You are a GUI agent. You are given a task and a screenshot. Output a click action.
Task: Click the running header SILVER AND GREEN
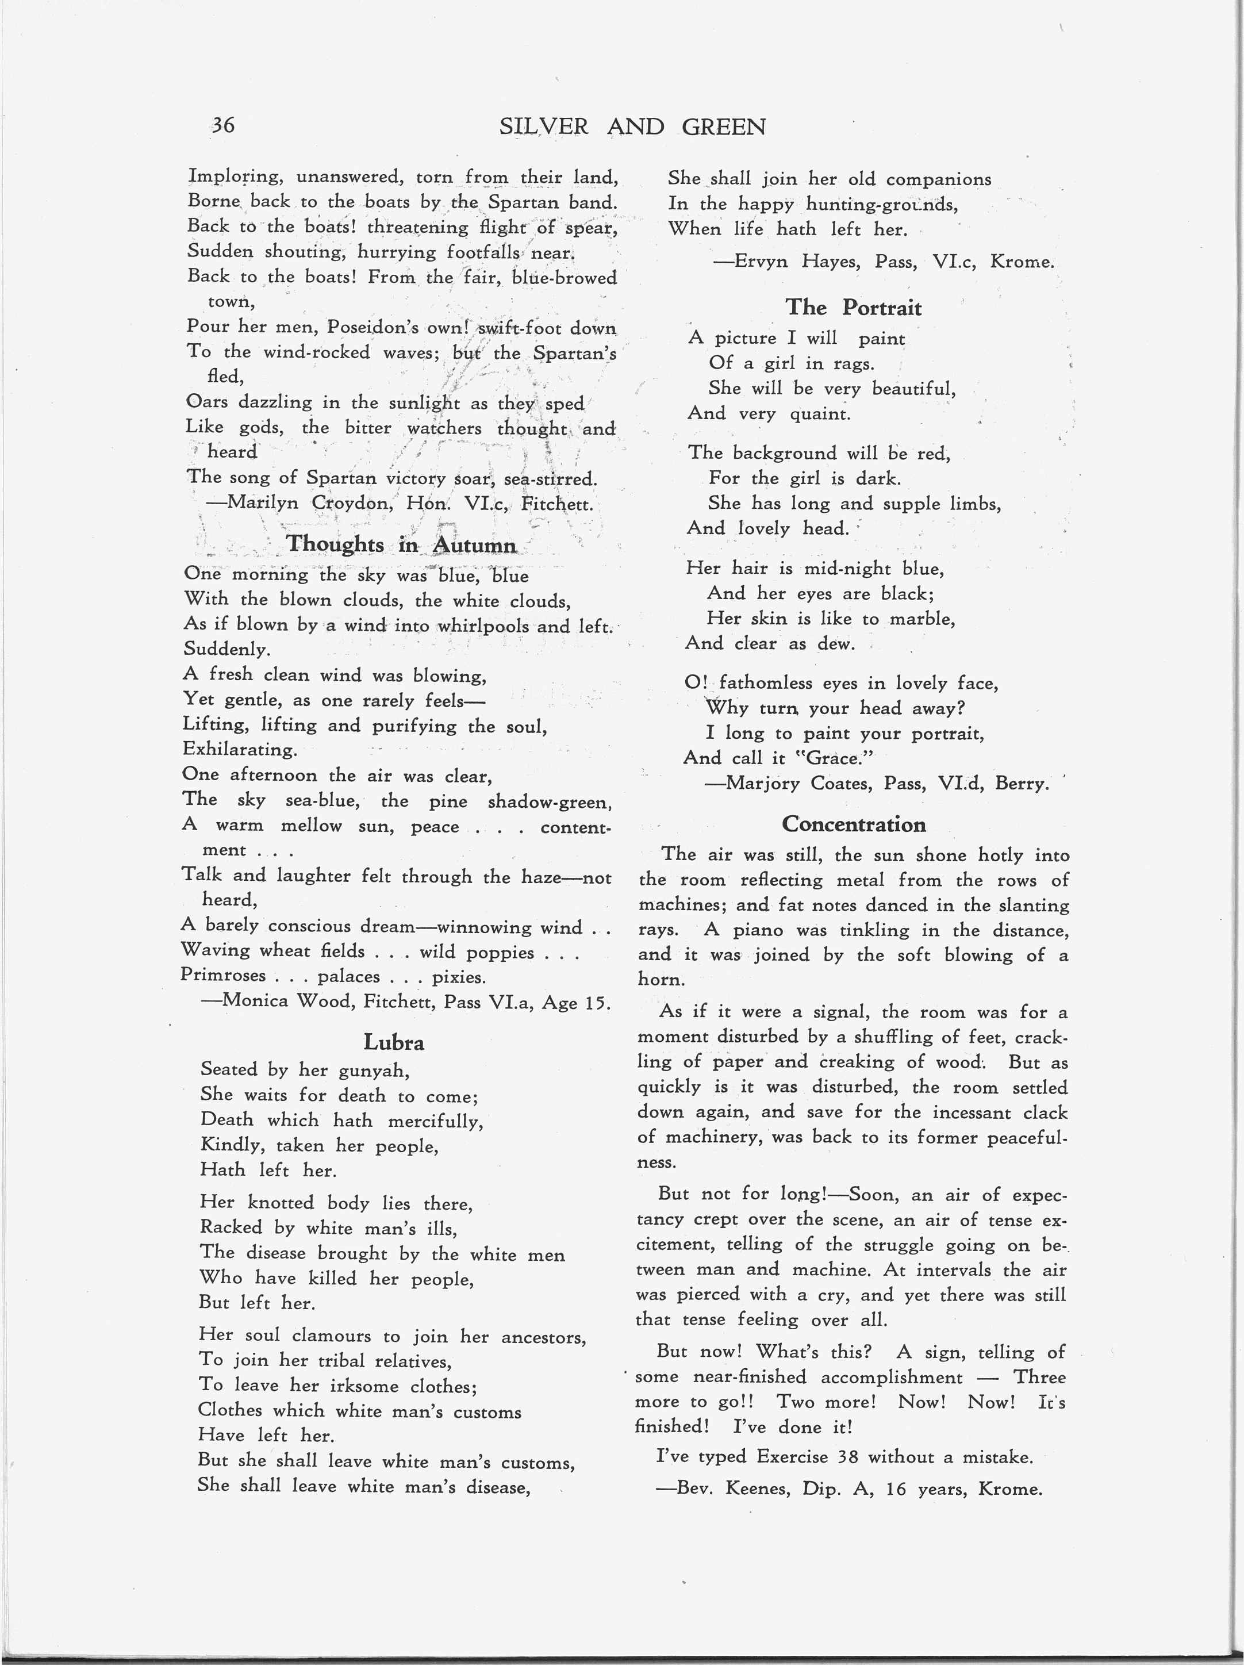632,126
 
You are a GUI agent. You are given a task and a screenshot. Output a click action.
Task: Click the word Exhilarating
239,750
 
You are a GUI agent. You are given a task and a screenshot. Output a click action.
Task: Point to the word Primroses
223,976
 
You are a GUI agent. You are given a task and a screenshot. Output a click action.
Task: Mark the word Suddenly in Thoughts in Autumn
226,649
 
